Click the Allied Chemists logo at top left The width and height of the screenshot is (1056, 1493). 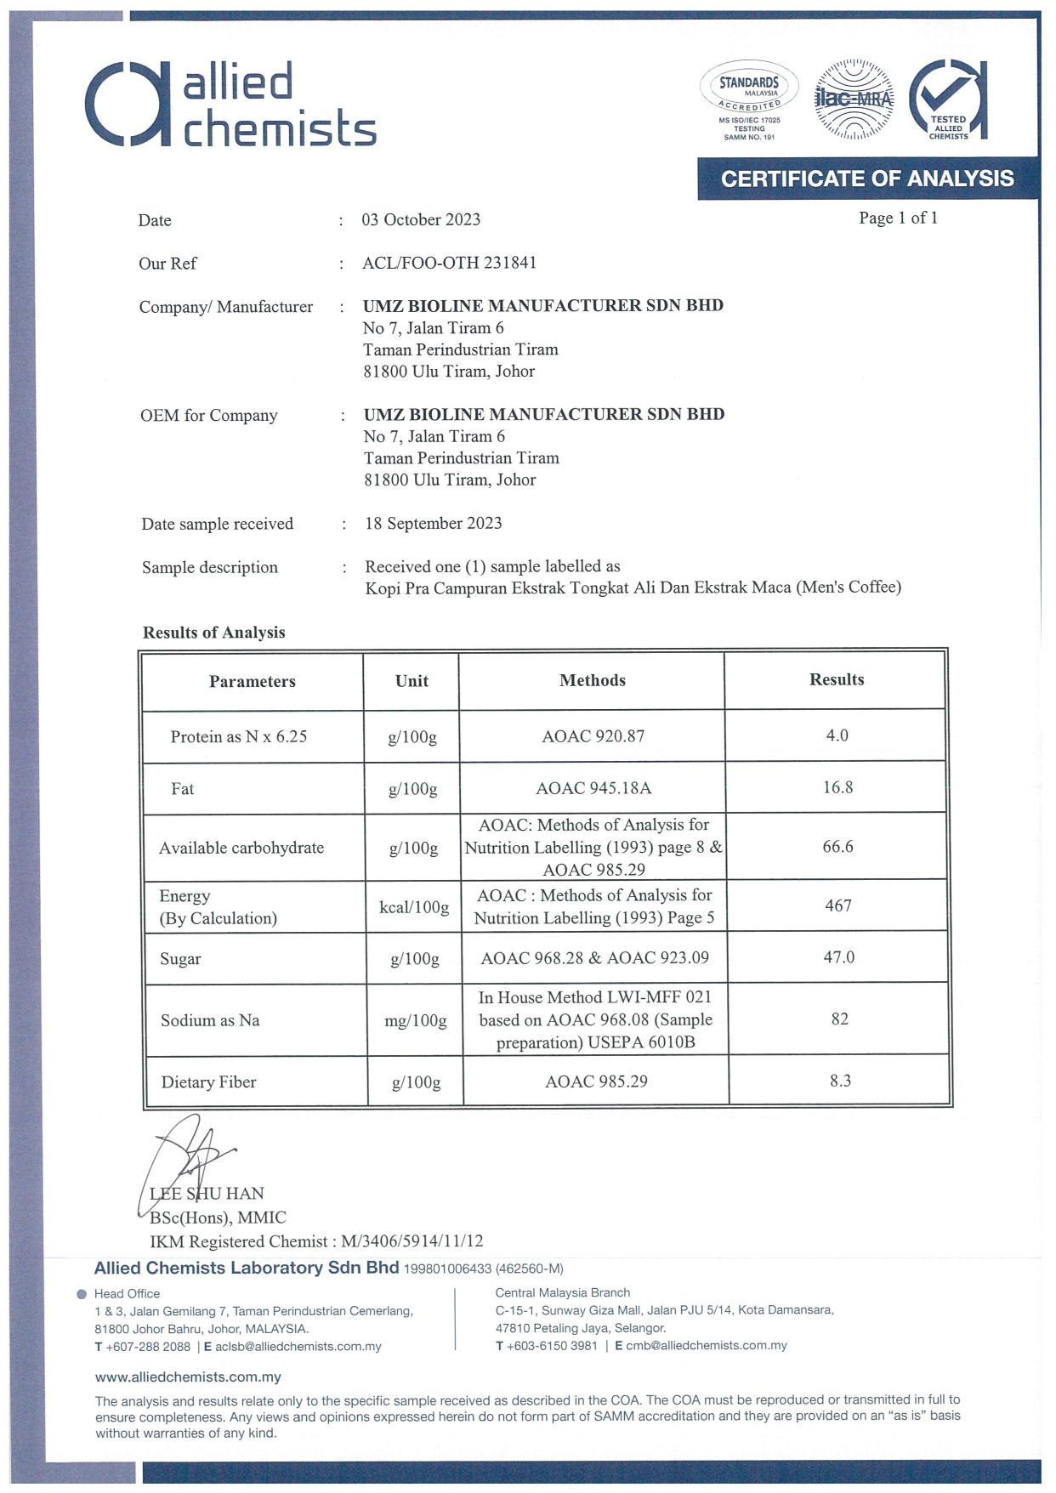pyautogui.click(x=230, y=104)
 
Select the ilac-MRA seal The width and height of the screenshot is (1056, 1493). pyautogui.click(x=854, y=100)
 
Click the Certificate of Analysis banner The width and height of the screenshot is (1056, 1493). pyautogui.click(x=867, y=179)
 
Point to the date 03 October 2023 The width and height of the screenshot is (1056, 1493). pyautogui.click(x=421, y=219)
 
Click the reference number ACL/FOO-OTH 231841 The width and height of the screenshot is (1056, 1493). pyautogui.click(x=449, y=263)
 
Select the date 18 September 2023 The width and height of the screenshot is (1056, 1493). pyautogui.click(x=433, y=523)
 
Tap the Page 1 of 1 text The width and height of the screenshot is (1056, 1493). pyautogui.click(x=898, y=218)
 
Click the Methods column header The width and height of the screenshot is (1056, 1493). pyautogui.click(x=592, y=680)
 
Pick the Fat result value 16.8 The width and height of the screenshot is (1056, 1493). pyautogui.click(x=837, y=787)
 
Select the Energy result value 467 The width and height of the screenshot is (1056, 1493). pyautogui.click(x=837, y=905)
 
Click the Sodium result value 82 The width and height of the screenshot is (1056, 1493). pyautogui.click(x=839, y=1019)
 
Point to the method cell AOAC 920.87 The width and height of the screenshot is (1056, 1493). pyautogui.click(x=593, y=736)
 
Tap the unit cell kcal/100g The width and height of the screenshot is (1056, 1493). pyautogui.click(x=414, y=907)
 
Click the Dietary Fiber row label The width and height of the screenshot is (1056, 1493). pyautogui.click(x=208, y=1081)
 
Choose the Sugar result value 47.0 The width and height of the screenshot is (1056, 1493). pyautogui.click(x=838, y=957)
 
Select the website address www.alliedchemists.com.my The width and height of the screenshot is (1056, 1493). pyautogui.click(x=188, y=1377)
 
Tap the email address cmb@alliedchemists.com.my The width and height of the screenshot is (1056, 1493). pyautogui.click(x=706, y=1346)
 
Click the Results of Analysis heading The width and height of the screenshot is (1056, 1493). pyautogui.click(x=213, y=632)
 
